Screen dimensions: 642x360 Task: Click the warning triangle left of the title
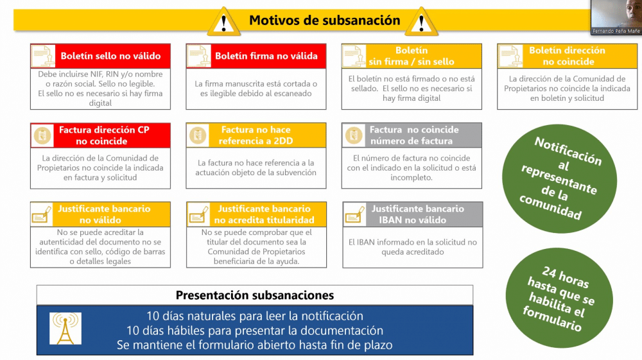(223, 22)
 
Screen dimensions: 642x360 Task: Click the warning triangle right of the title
(421, 22)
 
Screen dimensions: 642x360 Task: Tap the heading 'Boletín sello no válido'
(110, 56)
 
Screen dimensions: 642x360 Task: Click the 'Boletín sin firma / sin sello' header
(412, 56)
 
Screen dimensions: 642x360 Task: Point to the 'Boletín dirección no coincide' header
(567, 56)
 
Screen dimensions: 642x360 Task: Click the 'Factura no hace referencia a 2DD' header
(256, 135)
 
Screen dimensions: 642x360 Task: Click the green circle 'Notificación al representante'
(559, 179)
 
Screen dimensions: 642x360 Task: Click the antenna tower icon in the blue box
(65, 329)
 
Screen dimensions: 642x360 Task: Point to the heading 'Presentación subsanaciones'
(255, 295)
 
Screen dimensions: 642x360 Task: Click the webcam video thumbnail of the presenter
(616, 17)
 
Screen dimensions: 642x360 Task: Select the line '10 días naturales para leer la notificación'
(255, 316)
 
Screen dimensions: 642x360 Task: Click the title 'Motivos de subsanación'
(325, 21)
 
